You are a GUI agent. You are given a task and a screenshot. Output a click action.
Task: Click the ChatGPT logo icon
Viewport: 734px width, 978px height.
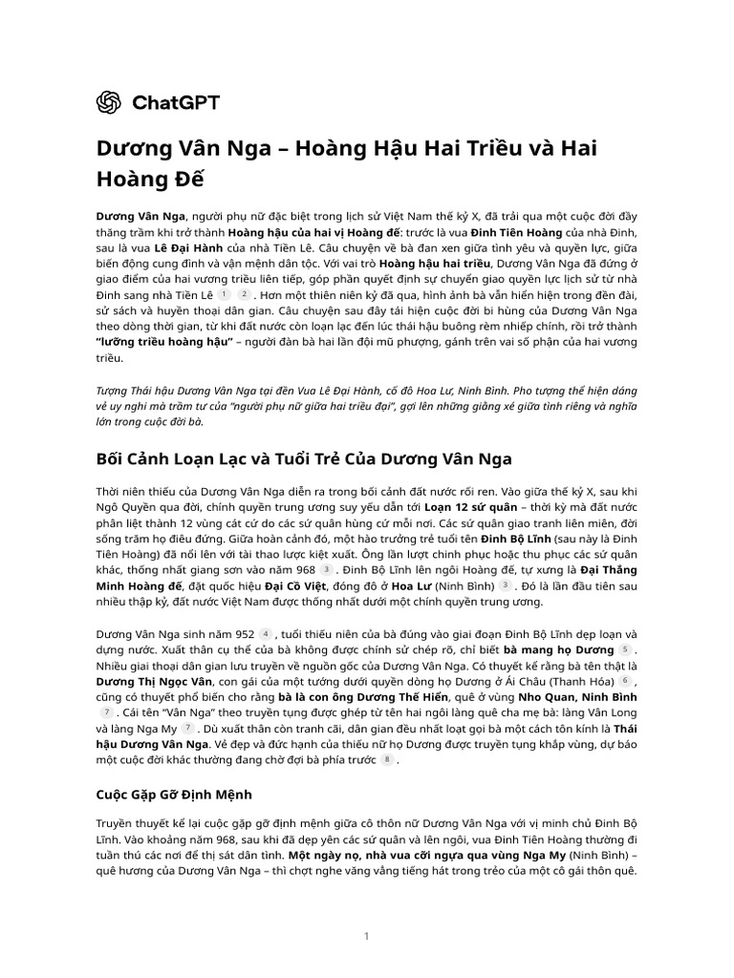coord(109,102)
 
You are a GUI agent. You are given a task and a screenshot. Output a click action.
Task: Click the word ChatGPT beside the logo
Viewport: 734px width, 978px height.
coord(167,102)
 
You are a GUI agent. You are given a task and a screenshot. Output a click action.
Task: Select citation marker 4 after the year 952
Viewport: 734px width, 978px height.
coord(266,632)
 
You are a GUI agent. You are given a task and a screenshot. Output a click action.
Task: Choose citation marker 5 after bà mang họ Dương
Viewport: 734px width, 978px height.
coord(626,649)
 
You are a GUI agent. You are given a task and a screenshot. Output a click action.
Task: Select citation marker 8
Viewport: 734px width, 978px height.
coord(386,760)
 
